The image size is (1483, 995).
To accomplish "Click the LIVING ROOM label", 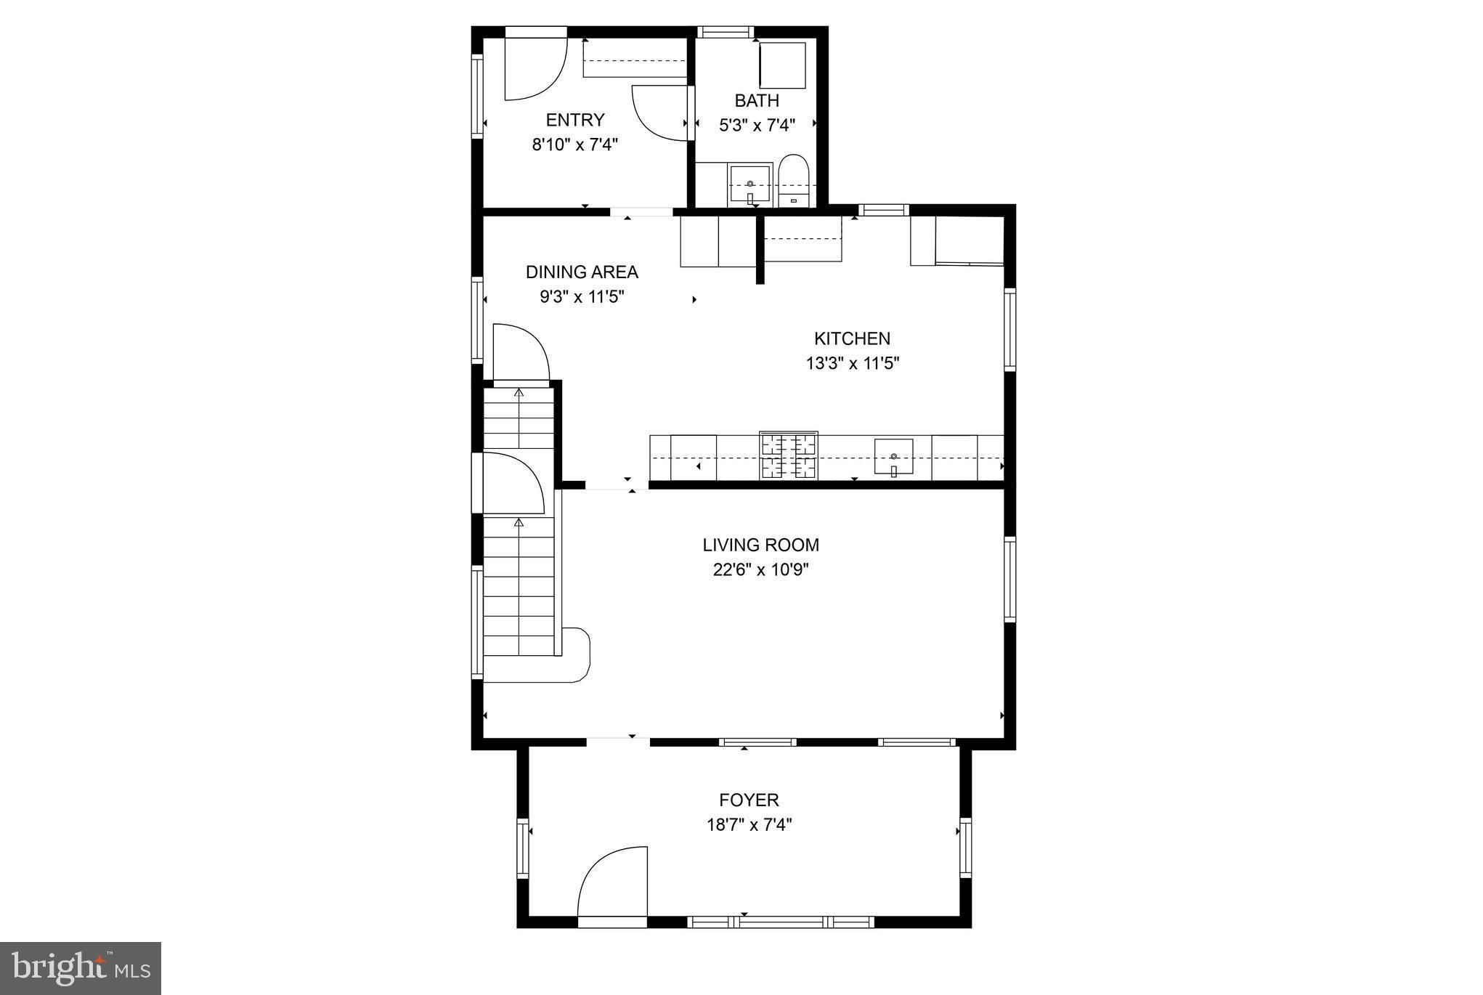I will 760,545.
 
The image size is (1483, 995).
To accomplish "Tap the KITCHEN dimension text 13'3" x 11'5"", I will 852,363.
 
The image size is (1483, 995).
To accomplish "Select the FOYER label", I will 749,800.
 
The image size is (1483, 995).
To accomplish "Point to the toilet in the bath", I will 792,181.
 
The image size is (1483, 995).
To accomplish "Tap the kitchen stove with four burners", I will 788,456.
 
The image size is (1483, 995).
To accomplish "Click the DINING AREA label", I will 582,272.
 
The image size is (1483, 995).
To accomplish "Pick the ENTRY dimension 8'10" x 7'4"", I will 574,145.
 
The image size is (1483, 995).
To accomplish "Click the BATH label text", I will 757,100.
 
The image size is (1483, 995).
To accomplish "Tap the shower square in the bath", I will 782,65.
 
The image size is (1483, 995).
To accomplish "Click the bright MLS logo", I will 81,968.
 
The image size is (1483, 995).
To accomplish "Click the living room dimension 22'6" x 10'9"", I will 760,569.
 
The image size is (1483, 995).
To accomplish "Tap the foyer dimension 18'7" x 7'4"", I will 749,824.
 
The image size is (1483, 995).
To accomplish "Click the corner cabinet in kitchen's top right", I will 957,240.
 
